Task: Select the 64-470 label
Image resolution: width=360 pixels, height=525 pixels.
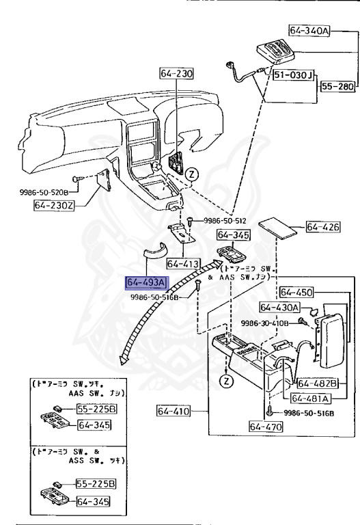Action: [x=265, y=428]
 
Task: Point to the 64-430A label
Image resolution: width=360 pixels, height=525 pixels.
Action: [x=280, y=308]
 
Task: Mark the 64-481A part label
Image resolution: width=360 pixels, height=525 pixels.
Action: [x=310, y=399]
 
